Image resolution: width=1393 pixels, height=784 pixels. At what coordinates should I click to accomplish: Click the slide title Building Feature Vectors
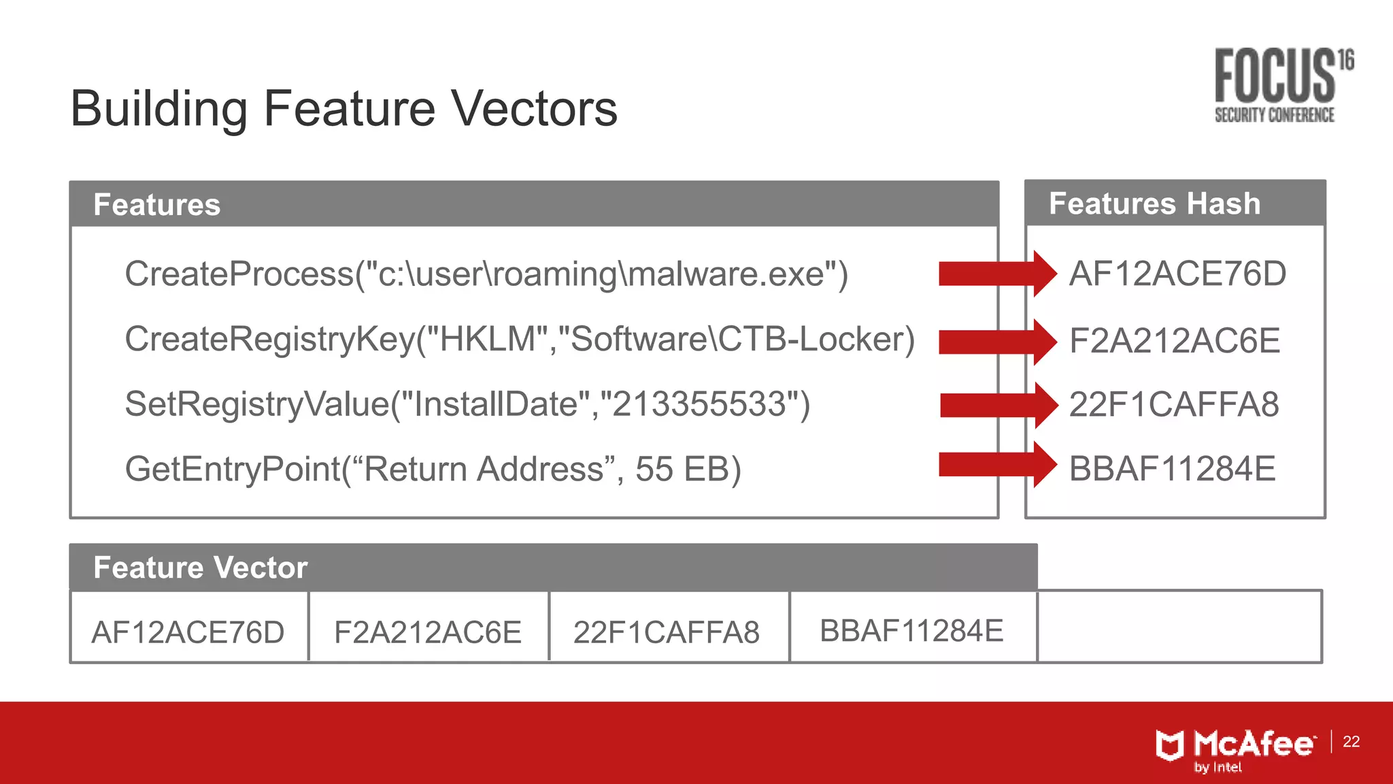tap(343, 109)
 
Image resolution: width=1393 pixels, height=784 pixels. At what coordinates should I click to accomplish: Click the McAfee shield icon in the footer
tap(1170, 745)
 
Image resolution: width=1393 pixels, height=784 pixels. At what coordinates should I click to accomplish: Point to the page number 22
tap(1351, 742)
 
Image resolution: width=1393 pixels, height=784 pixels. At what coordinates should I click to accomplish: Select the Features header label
tap(157, 205)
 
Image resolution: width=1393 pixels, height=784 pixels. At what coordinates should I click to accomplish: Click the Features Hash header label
tap(1154, 203)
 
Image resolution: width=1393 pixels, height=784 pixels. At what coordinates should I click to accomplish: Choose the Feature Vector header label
tap(200, 568)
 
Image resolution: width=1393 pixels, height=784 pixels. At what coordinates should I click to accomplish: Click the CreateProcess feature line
tap(486, 274)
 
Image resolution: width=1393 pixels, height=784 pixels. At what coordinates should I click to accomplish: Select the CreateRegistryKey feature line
tap(520, 339)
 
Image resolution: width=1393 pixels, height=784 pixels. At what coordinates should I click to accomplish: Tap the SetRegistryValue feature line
tap(467, 404)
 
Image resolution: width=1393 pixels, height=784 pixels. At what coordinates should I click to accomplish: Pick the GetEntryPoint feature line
tap(433, 470)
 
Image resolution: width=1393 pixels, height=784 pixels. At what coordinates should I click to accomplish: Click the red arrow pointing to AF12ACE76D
tap(997, 274)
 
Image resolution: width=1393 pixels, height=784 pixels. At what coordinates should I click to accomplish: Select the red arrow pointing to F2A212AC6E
tap(997, 342)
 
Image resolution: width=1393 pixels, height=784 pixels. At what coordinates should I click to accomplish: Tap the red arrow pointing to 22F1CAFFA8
tap(998, 406)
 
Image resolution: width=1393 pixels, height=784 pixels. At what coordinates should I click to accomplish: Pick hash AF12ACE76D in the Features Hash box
tap(1177, 274)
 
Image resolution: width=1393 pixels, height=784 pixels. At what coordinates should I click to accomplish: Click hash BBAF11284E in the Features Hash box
tap(1172, 470)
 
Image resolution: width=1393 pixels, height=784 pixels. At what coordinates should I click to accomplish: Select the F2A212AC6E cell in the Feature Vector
tap(428, 632)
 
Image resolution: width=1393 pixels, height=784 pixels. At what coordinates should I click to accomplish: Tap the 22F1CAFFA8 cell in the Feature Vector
tap(667, 632)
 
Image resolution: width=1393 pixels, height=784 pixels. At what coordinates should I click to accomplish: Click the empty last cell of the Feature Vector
tap(1179, 627)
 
